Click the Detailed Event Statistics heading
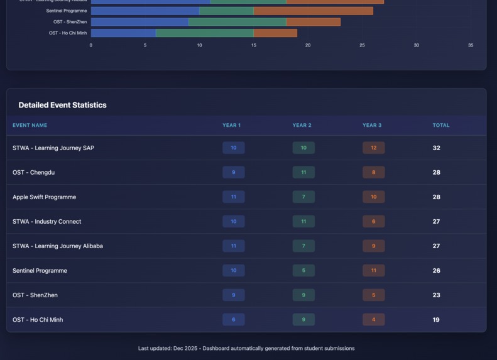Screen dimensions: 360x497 click(x=62, y=105)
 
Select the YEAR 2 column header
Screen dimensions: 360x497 click(x=302, y=125)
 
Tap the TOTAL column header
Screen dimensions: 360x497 click(x=440, y=125)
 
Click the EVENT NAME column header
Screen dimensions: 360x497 click(x=30, y=125)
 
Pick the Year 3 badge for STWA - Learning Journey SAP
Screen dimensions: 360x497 click(x=373, y=148)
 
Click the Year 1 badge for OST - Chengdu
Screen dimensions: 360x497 click(x=233, y=173)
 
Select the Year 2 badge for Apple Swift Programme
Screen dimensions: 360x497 click(x=303, y=197)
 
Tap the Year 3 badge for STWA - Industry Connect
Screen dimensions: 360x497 click(x=373, y=222)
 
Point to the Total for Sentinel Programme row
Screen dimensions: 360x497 click(x=436, y=271)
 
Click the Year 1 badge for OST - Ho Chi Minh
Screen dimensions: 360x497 click(x=233, y=320)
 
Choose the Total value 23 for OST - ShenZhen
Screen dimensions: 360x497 click(x=436, y=295)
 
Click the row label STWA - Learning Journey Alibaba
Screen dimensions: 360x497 click(x=58, y=246)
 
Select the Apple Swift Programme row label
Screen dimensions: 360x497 click(x=44, y=197)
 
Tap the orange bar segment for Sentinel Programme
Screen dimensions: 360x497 click(x=313, y=11)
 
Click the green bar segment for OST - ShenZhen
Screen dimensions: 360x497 click(x=237, y=22)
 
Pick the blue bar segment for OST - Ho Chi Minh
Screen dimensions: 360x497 click(x=123, y=33)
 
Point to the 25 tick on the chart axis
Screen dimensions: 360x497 click(x=362, y=45)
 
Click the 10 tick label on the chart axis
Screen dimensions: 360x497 click(x=199, y=45)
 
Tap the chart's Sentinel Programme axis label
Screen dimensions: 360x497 click(x=67, y=11)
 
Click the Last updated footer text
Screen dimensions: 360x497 click(x=246, y=348)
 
